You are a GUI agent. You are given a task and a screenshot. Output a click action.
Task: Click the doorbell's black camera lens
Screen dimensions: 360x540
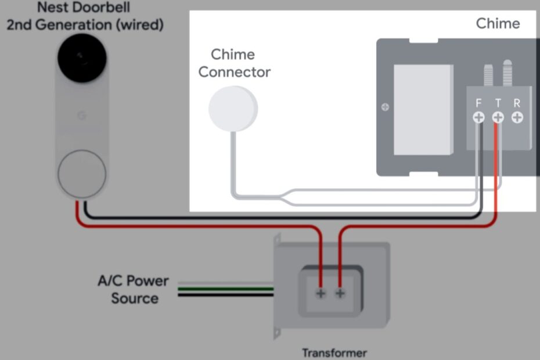[x=81, y=58]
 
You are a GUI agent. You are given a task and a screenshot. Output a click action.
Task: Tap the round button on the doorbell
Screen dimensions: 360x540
[x=81, y=173]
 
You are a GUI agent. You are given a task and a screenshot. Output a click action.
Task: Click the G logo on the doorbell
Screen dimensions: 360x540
[x=81, y=115]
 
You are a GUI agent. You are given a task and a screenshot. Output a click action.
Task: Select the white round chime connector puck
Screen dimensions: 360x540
[x=232, y=108]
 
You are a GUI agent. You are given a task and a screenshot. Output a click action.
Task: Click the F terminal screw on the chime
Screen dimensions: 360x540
[x=478, y=117]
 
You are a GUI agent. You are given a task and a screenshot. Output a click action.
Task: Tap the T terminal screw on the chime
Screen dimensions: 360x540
[x=498, y=117]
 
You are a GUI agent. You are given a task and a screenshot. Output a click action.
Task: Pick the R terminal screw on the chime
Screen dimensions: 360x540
[x=517, y=117]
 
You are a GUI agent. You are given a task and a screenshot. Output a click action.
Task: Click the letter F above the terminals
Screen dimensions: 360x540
[x=478, y=103]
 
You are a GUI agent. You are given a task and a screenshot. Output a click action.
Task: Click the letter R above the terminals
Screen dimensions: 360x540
[x=517, y=103]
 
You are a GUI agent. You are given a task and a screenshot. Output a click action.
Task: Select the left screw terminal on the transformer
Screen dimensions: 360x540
[x=321, y=293]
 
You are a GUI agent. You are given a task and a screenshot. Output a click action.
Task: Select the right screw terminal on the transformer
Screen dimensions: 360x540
[x=340, y=293]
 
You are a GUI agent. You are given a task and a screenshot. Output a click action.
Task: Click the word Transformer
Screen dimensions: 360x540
[x=334, y=352]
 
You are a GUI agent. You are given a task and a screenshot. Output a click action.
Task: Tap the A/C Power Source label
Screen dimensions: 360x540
[x=133, y=289]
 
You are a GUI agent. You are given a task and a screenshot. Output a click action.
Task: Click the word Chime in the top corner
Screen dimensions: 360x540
[x=498, y=24]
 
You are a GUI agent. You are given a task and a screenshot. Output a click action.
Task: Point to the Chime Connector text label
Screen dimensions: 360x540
[x=234, y=63]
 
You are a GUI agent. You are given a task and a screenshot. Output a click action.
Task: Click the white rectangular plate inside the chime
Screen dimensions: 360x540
[x=423, y=110]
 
